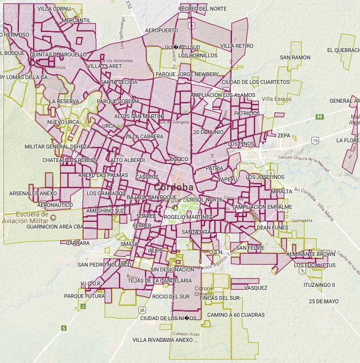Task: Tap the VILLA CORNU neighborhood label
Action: [53, 9]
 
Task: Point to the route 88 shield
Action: [320, 117]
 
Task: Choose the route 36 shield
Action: [142, 309]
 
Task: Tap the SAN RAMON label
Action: [295, 57]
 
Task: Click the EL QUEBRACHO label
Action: [343, 50]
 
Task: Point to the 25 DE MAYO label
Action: [324, 301]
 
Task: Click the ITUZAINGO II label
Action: [319, 285]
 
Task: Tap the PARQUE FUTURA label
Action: [84, 296]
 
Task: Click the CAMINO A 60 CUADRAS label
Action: [236, 315]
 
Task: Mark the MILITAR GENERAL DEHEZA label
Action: [57, 147]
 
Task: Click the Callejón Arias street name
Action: [186, 334]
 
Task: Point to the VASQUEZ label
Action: [255, 288]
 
